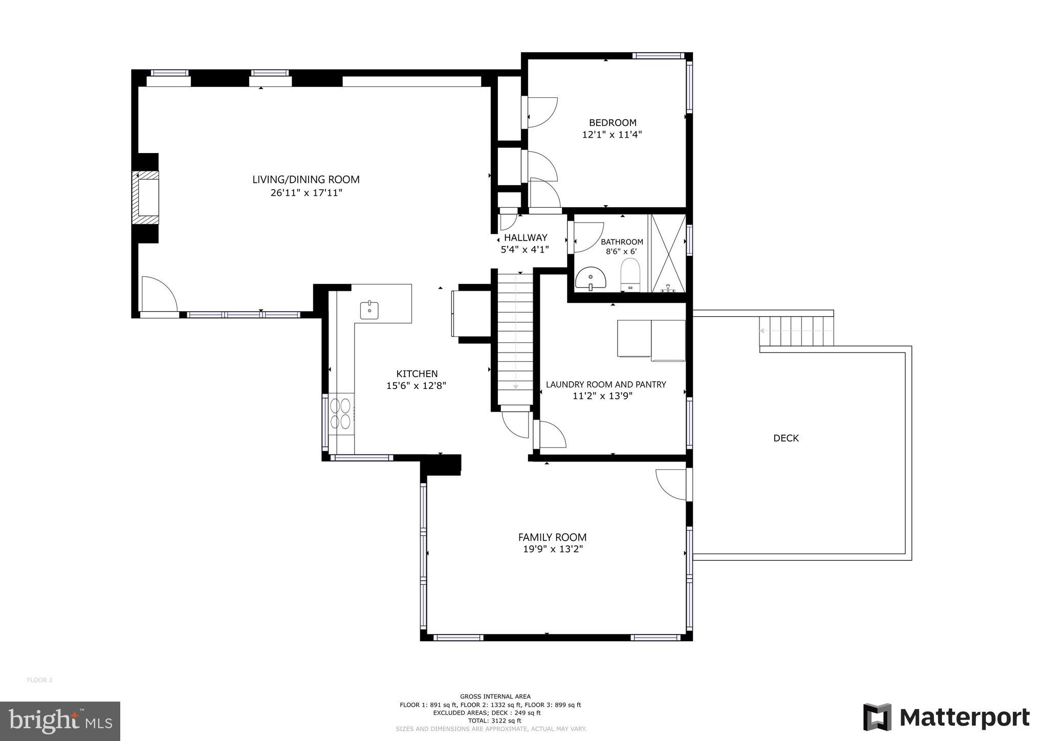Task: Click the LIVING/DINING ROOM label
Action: (x=305, y=180)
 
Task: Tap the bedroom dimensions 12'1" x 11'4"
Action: (x=612, y=135)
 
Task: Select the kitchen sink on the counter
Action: (x=369, y=310)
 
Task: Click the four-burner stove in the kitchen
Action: (x=340, y=413)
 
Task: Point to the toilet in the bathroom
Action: (x=630, y=274)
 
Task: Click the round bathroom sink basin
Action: (x=591, y=279)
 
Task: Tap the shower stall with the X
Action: (x=668, y=253)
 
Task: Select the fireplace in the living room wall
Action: (x=146, y=197)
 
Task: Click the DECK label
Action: (x=785, y=438)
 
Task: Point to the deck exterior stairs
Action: (x=796, y=331)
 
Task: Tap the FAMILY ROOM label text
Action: (x=552, y=537)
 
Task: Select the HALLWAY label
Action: (x=526, y=237)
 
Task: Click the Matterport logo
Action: (x=946, y=717)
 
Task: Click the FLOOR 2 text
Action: (x=40, y=680)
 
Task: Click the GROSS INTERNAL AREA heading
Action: (x=495, y=696)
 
